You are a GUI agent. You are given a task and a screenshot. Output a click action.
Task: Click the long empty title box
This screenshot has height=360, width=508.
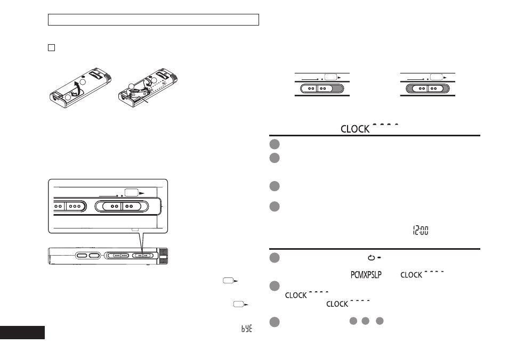[x=153, y=20]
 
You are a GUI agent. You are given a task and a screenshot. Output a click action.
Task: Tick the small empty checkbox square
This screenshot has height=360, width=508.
[x=51, y=47]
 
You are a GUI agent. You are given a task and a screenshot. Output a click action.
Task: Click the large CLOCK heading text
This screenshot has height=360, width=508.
[x=355, y=129]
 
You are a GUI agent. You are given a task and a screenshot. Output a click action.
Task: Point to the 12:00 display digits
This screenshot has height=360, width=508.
[x=421, y=230]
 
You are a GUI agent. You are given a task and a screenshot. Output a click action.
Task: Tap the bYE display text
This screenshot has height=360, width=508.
[x=247, y=329]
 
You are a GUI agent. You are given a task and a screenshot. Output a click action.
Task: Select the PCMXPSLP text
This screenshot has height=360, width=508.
[x=366, y=275]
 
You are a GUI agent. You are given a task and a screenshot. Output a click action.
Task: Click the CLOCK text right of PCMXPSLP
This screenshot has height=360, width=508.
[x=411, y=275]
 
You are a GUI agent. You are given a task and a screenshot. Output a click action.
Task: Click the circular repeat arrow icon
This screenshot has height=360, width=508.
[x=372, y=258]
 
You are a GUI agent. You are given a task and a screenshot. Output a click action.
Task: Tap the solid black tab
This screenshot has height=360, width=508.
[x=22, y=332]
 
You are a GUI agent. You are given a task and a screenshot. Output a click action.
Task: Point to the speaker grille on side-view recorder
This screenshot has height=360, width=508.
[x=163, y=256]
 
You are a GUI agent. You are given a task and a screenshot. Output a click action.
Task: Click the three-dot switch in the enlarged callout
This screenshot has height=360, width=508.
[x=75, y=206]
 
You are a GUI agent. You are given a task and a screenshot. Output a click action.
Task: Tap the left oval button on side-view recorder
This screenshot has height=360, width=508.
[x=82, y=256]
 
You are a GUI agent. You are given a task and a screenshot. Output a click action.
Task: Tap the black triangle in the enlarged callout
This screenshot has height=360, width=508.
[x=142, y=193]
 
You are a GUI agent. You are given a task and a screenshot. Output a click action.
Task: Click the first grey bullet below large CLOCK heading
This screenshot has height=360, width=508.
[x=275, y=144]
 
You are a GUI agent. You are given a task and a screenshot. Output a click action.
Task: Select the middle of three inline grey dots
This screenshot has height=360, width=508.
[x=366, y=321]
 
